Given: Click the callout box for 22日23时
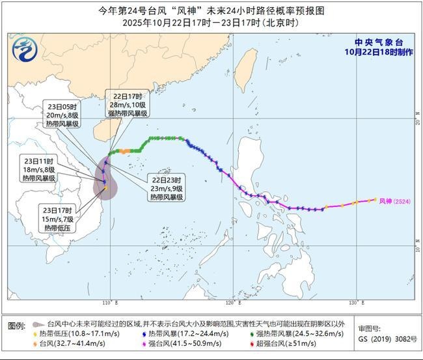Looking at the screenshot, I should point(167,187).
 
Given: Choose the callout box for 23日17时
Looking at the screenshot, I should point(59,219).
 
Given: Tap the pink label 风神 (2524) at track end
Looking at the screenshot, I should point(394,201).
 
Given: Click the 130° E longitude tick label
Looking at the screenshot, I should point(353,303).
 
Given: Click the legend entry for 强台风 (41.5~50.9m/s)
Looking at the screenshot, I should point(189,344).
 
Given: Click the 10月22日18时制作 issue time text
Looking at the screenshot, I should point(379,51).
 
